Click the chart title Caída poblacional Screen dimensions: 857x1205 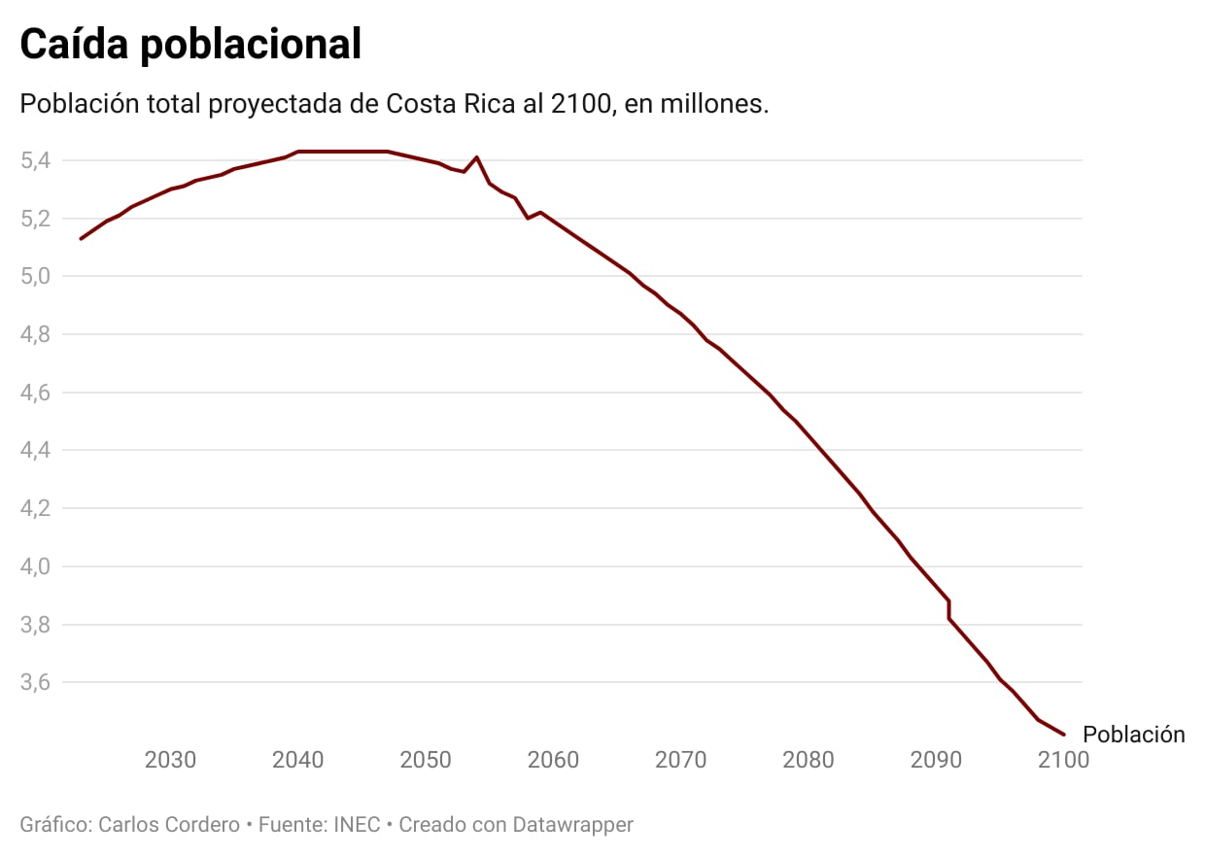[190, 45]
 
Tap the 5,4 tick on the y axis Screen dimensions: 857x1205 [36, 160]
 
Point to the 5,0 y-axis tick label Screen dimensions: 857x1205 [36, 277]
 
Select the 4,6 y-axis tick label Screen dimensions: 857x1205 [36, 393]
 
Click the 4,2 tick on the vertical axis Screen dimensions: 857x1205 [36, 508]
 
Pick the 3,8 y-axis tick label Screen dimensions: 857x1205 [36, 625]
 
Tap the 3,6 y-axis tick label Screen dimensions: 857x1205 [36, 682]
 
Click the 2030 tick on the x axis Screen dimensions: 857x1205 [170, 760]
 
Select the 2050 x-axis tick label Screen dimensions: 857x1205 [426, 760]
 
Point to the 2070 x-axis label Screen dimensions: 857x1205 [680, 760]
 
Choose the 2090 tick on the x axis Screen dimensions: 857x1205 [936, 760]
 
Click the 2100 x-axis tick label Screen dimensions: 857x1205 [1063, 760]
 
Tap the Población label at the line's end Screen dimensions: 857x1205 [1133, 735]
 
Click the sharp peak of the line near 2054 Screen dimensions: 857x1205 [476, 156]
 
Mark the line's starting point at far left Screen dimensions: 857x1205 [81, 239]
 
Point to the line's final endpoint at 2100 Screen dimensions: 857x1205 [1065, 735]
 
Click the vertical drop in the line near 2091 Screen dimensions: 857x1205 [948, 609]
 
